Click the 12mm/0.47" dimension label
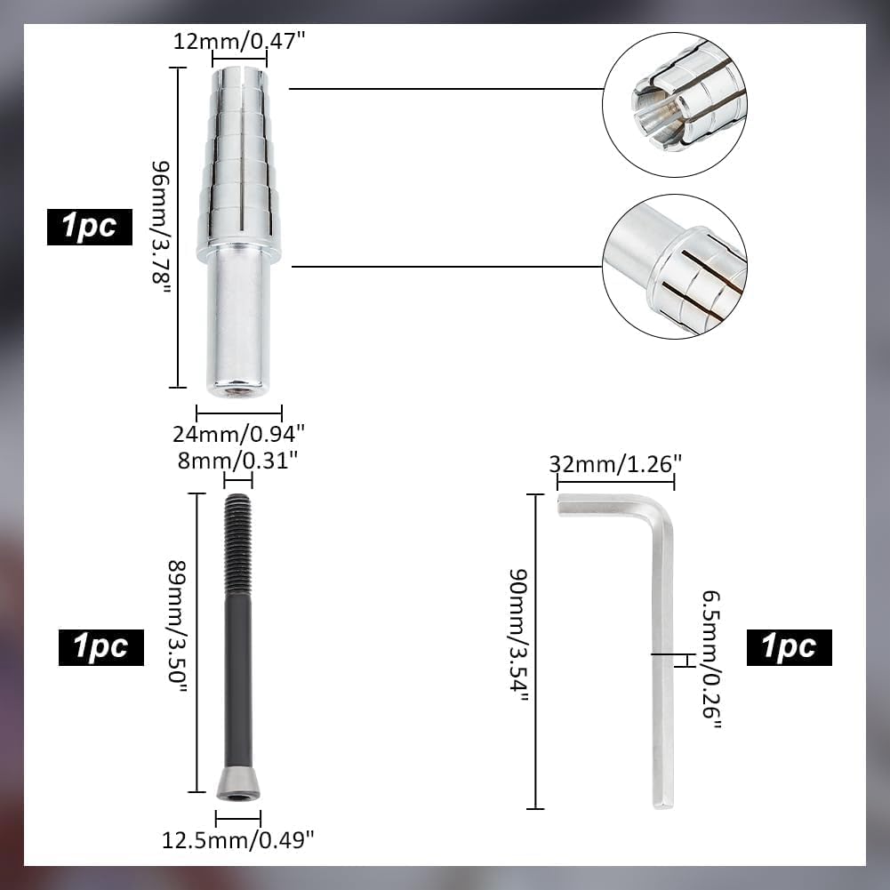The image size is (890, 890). (x=239, y=42)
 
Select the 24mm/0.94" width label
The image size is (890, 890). (x=239, y=434)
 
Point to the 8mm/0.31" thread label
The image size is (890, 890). (x=237, y=461)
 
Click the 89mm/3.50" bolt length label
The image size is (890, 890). (x=178, y=626)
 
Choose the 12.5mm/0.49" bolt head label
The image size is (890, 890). (x=237, y=840)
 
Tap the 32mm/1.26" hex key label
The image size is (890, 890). (x=615, y=464)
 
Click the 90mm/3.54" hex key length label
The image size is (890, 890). (x=518, y=635)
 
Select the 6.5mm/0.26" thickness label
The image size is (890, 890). (x=712, y=659)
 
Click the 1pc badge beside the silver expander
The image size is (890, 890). (x=90, y=227)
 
